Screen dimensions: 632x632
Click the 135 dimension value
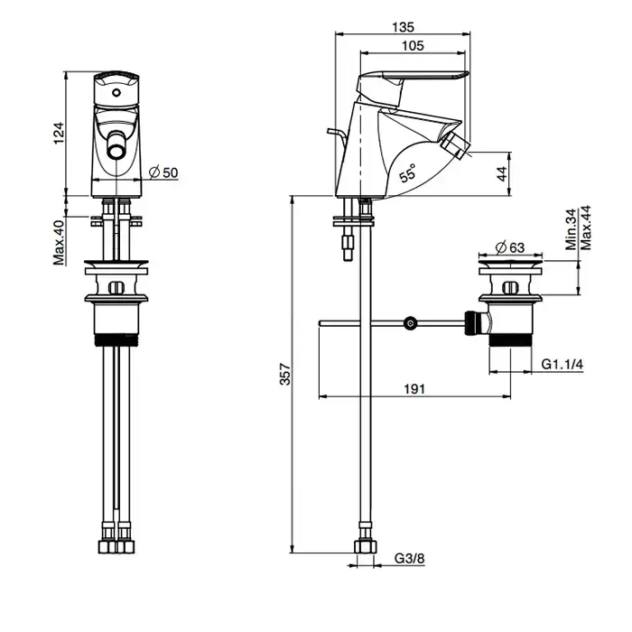click(404, 26)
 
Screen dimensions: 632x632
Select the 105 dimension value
click(414, 46)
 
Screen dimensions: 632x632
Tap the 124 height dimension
click(60, 133)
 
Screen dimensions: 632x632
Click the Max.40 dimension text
click(59, 241)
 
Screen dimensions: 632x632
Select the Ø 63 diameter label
click(512, 246)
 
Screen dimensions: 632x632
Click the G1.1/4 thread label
click(562, 364)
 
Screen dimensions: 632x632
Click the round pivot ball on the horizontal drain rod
click(411, 322)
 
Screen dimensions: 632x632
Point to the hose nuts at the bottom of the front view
click(115, 547)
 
